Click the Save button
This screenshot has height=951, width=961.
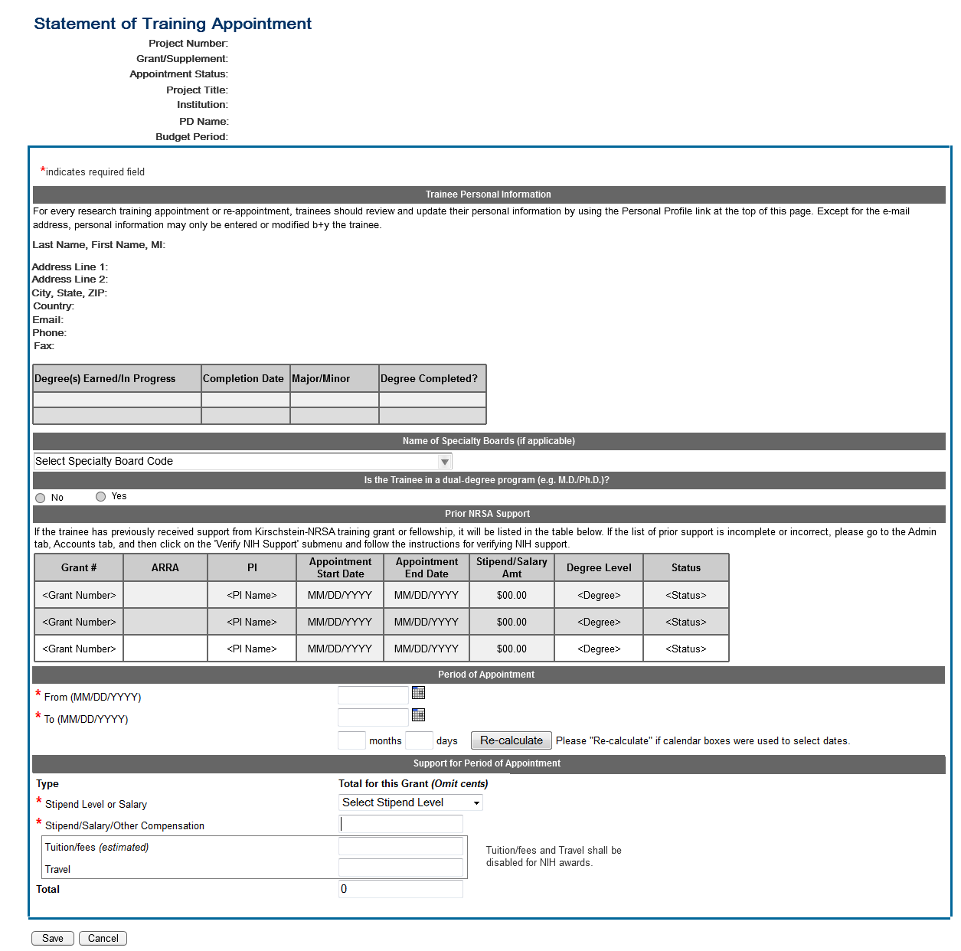(x=53, y=938)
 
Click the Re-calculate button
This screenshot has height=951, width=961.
(x=511, y=740)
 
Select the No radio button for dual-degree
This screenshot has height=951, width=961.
(x=41, y=498)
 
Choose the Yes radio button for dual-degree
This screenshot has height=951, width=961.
(x=100, y=496)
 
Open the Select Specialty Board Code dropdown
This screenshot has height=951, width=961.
(x=243, y=461)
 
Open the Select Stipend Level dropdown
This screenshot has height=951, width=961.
(x=410, y=802)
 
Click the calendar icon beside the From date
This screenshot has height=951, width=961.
(x=418, y=693)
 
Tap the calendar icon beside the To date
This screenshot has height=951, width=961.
(x=418, y=715)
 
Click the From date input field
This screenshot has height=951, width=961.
(x=373, y=695)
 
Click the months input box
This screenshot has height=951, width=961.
(x=351, y=740)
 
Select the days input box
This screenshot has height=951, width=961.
(x=419, y=740)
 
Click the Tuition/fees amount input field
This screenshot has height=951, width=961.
(x=400, y=846)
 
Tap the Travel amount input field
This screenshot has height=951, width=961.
(x=400, y=868)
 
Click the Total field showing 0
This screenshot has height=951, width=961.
(x=400, y=889)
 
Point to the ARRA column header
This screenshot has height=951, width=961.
(x=165, y=567)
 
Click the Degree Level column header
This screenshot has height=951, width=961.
(x=599, y=567)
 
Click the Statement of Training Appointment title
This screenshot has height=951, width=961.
(x=173, y=24)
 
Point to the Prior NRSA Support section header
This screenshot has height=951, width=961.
(x=488, y=514)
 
